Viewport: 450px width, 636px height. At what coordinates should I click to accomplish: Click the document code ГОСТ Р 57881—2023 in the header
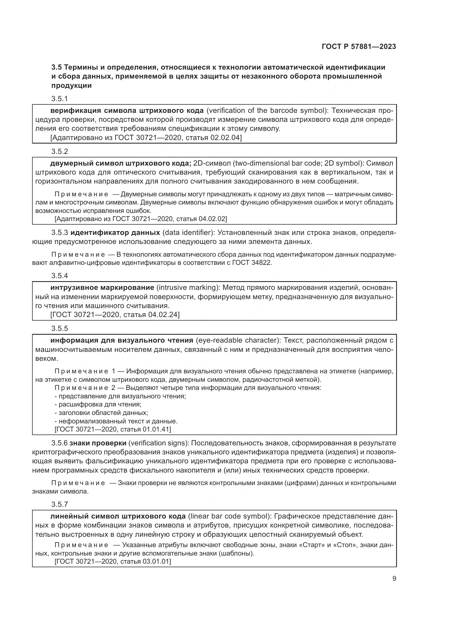[359, 46]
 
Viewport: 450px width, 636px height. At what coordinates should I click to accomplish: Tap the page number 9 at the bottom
[394, 579]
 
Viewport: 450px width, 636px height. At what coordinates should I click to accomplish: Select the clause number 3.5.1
[60, 99]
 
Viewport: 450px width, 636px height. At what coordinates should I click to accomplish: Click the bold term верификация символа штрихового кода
[127, 110]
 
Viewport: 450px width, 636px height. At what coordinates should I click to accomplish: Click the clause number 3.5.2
[60, 151]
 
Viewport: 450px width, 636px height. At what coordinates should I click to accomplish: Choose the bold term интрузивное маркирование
[102, 287]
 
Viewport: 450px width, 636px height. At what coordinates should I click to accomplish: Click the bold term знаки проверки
[98, 443]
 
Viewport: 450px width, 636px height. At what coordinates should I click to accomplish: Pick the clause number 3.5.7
[60, 504]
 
